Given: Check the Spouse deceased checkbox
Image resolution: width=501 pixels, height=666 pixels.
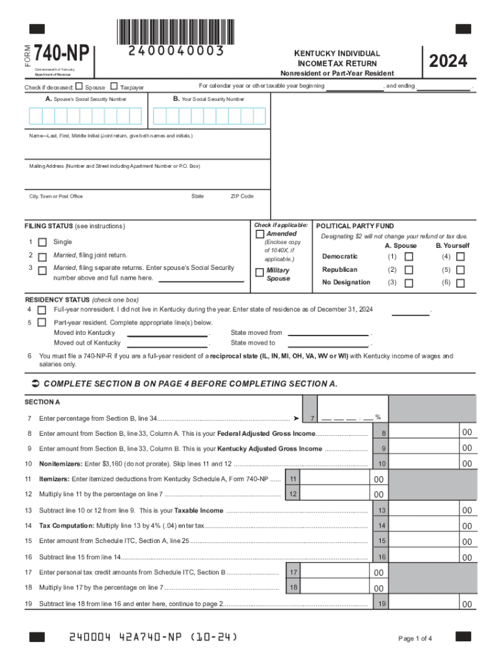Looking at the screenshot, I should [x=79, y=87].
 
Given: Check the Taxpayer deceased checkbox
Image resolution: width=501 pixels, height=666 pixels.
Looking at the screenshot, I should [x=115, y=87].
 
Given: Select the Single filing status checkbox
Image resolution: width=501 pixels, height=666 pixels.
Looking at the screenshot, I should [x=42, y=242].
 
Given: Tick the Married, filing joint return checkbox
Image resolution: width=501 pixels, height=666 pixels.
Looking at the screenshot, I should [x=42, y=256].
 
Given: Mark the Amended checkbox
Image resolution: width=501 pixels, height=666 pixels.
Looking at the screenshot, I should [x=260, y=233].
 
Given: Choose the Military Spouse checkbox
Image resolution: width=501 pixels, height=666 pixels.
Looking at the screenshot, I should [x=260, y=271].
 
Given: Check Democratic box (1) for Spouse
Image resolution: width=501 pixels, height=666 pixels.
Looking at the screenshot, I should [x=409, y=257].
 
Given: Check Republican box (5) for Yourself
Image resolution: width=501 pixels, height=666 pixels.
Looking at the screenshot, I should [x=460, y=270].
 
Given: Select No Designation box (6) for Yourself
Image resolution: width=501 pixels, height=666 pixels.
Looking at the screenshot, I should [x=460, y=283].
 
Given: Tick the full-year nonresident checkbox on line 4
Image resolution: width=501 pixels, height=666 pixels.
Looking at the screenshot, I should [x=42, y=309].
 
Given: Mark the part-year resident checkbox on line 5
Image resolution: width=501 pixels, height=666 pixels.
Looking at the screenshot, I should [x=42, y=323].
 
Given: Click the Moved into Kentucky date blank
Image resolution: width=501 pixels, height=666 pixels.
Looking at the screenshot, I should [x=168, y=333].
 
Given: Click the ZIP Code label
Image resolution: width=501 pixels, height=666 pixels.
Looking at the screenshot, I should [x=242, y=196].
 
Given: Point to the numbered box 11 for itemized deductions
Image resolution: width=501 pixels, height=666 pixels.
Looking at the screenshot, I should [x=293, y=479].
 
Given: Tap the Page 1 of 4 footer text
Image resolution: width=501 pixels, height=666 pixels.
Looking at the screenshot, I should [x=414, y=638].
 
